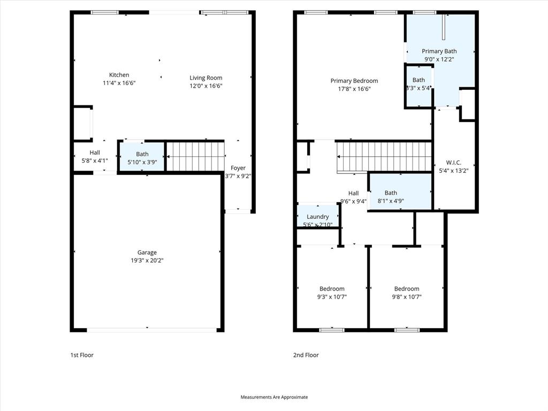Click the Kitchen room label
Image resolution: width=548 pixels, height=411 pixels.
tap(119, 75)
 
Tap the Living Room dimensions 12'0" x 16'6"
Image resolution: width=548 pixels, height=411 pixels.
tap(205, 86)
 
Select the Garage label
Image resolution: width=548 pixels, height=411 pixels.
tap(147, 253)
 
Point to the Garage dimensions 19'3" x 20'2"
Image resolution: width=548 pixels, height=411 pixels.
tap(147, 261)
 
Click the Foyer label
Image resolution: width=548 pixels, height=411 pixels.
tap(238, 168)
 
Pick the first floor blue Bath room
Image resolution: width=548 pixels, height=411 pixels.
tap(142, 157)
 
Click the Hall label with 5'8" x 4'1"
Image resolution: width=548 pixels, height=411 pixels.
tap(95, 153)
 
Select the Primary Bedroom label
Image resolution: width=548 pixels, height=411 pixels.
tap(354, 81)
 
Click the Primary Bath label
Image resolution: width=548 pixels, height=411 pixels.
tap(439, 51)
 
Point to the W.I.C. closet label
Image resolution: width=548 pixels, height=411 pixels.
tap(453, 163)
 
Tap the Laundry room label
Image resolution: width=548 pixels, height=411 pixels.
tap(318, 217)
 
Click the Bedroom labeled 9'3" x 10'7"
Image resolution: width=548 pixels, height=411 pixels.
tap(332, 289)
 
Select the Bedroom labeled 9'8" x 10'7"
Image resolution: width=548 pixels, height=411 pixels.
tap(407, 289)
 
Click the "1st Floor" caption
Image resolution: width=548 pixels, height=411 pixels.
tap(82, 355)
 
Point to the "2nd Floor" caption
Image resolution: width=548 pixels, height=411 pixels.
tap(306, 355)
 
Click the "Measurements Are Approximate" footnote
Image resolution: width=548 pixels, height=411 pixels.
tap(274, 397)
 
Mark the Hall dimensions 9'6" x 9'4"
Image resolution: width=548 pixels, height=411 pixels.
tap(353, 202)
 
